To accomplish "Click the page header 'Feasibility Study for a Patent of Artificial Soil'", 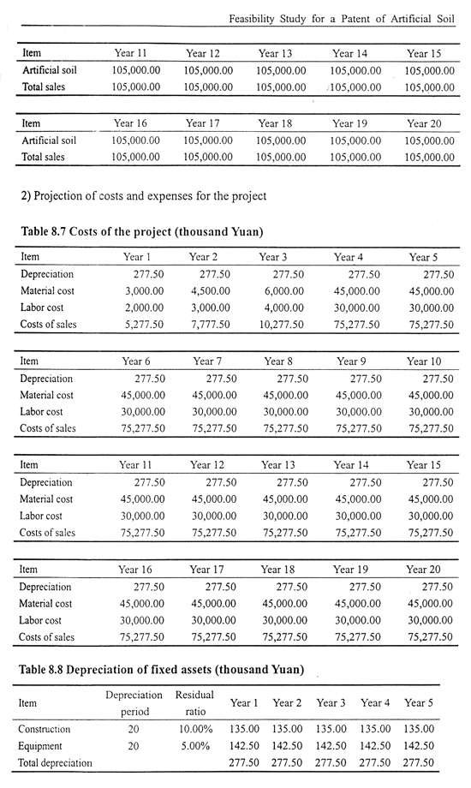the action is (342, 19).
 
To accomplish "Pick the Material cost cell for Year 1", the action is (144, 291).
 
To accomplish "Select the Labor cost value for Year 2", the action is (211, 307).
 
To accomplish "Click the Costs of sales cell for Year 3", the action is (282, 324).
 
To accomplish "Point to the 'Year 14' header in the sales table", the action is (350, 53).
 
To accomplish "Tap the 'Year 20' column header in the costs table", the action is (423, 570).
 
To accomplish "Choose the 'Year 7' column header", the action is (207, 361).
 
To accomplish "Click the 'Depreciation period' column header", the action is (134, 703).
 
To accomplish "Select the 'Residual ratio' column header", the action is (194, 703).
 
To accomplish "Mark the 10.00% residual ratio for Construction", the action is (196, 729).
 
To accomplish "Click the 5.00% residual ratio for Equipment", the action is (195, 746).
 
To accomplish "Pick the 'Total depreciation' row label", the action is (56, 763).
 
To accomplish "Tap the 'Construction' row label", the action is (45, 729).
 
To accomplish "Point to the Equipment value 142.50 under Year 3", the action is (331, 746).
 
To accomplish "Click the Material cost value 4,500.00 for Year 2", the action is (211, 291).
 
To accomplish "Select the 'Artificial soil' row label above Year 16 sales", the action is (50, 140).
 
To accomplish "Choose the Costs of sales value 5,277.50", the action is (144, 324).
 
